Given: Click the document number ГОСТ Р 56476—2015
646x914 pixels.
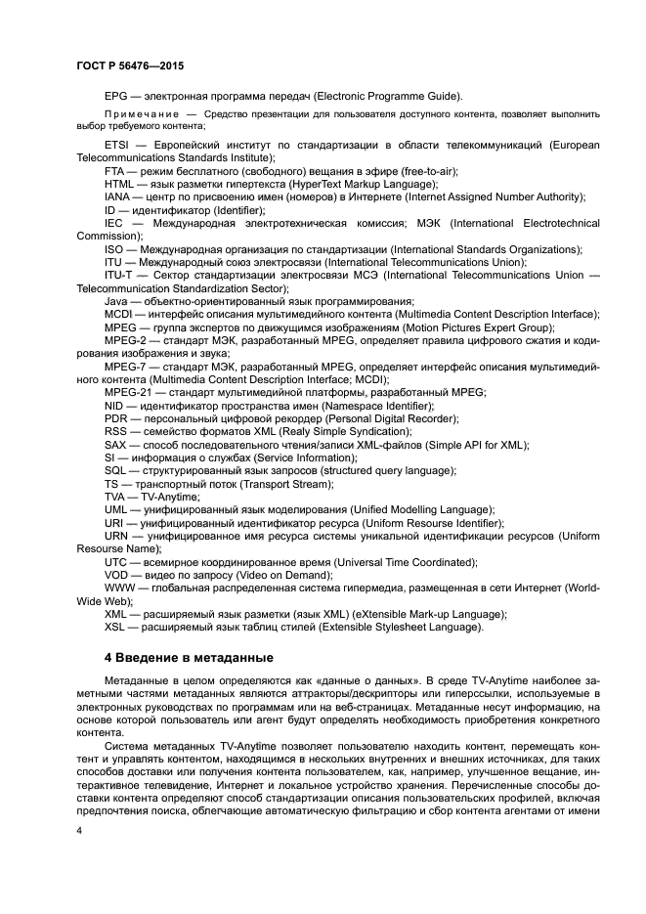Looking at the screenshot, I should tap(129, 65).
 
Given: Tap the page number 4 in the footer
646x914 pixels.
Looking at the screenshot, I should tap(79, 829).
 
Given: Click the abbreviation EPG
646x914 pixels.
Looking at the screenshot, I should tap(116, 96).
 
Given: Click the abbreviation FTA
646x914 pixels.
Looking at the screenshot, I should tap(115, 171).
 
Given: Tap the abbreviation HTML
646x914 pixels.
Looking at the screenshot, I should tap(119, 184).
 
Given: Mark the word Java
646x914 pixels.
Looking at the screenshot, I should tap(117, 301).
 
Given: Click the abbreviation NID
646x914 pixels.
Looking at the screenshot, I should tap(114, 405).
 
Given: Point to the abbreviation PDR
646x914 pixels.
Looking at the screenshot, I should tap(115, 417).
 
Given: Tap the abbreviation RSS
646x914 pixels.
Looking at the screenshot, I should tap(116, 431).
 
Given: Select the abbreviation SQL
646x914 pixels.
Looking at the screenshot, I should tap(115, 470).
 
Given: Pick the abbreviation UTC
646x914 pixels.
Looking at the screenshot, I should tap(116, 562).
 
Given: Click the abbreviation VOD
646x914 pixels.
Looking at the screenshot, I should tap(116, 575).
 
